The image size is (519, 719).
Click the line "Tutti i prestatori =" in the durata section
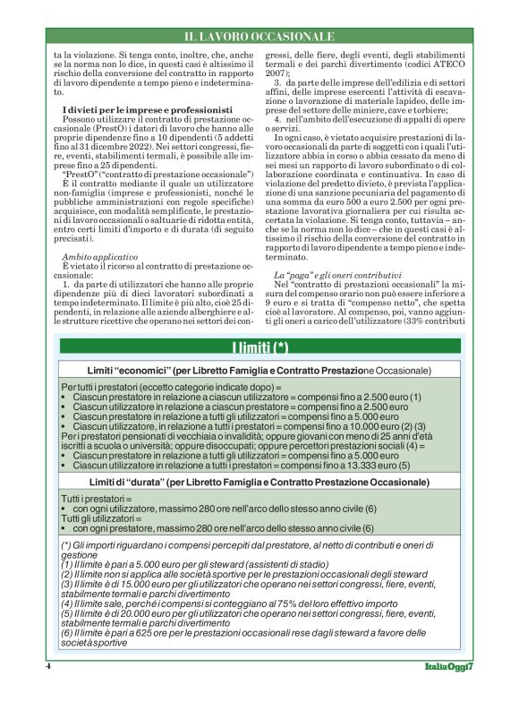click(x=95, y=497)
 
